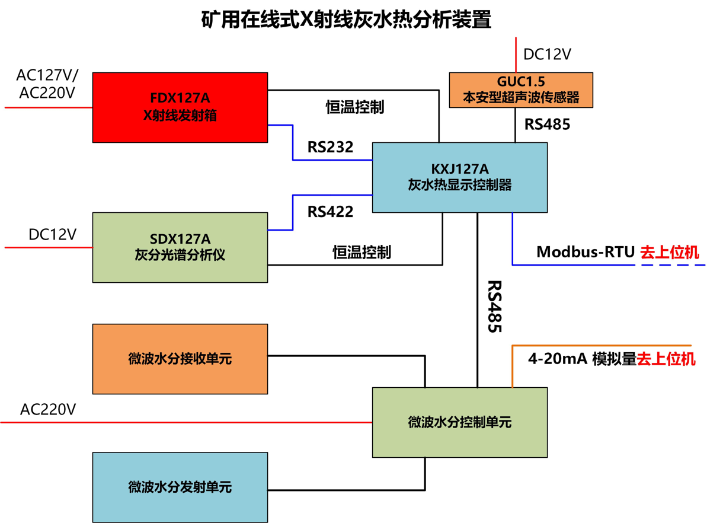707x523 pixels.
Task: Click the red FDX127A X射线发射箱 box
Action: click(180, 107)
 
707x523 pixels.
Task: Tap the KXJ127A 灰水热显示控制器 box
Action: click(459, 177)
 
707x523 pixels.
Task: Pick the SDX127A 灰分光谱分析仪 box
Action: click(180, 247)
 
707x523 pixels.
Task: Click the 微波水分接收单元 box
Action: click(180, 359)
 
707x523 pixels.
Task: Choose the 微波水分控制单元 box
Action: click(459, 422)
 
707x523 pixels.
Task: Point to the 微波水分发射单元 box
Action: click(180, 487)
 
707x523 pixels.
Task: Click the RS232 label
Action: click(330, 147)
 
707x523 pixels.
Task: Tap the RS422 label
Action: click(330, 211)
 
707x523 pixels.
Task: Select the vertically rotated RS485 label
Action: click(494, 306)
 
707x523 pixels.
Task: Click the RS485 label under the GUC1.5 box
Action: click(547, 125)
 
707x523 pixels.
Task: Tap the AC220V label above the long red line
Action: click(48, 409)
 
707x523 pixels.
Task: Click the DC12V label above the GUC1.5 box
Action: click(547, 55)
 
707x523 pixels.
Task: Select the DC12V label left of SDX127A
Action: click(52, 234)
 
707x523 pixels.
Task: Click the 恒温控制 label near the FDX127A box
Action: click(355, 107)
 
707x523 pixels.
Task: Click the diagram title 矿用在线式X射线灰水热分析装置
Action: click(347, 20)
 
